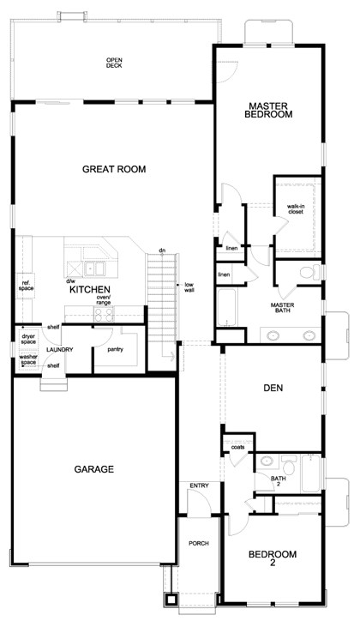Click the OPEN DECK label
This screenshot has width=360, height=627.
click(114, 63)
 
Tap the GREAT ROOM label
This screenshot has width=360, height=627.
click(114, 169)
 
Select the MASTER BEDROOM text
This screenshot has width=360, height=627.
click(269, 110)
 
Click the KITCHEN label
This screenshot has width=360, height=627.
click(89, 290)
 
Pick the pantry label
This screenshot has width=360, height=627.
click(115, 349)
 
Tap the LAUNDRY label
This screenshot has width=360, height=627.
click(59, 349)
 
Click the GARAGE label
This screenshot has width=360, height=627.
click(94, 469)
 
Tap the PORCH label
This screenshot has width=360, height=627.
click(199, 544)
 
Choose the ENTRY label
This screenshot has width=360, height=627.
click(199, 486)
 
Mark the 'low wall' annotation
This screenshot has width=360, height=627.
click(188, 287)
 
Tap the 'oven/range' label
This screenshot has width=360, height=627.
click(104, 300)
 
